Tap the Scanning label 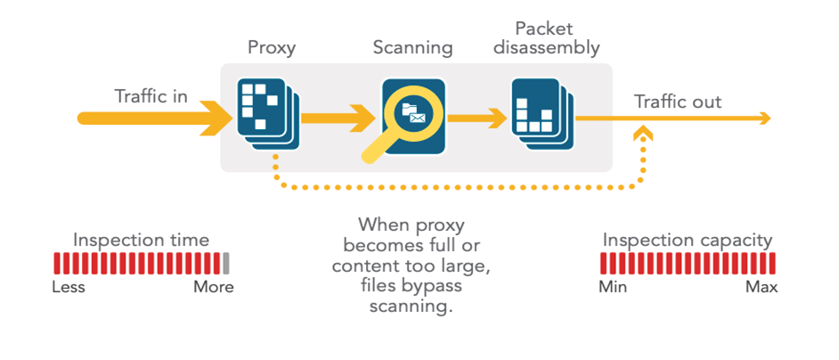click(412, 46)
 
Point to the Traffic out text click(678, 102)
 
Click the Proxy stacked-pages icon click(265, 111)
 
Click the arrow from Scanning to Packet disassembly click(477, 117)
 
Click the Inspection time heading click(142, 240)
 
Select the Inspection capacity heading click(688, 240)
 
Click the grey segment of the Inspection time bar click(226, 263)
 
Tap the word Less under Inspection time click(69, 287)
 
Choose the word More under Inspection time click(214, 287)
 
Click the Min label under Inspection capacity click(611, 287)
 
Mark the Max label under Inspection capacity click(762, 287)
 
